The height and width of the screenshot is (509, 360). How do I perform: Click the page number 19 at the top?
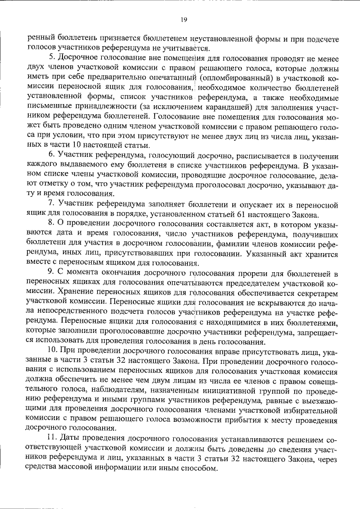[x=184, y=20]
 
